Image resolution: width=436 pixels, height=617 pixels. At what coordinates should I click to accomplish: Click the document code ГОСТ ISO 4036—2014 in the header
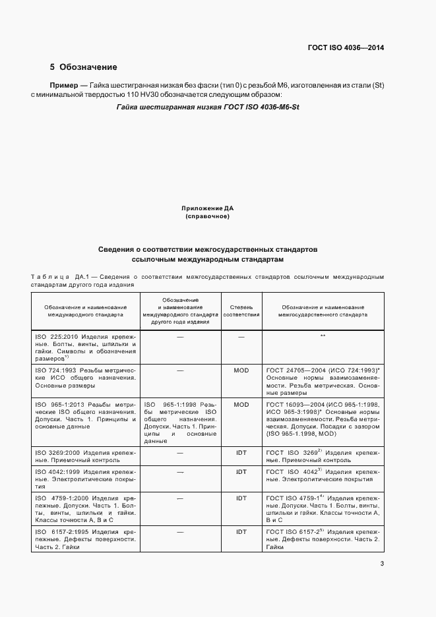tap(346, 47)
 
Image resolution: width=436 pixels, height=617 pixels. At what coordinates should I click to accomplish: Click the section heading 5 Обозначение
tap(84, 67)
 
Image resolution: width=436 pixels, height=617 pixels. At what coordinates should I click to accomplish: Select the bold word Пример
tap(64, 86)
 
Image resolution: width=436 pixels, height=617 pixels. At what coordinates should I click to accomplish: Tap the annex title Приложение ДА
tap(208, 208)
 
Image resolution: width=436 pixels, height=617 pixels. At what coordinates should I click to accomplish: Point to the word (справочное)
tap(208, 216)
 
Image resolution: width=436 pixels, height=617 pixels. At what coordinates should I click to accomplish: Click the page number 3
tap(382, 562)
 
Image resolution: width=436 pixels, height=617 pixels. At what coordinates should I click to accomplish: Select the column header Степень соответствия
tap(241, 311)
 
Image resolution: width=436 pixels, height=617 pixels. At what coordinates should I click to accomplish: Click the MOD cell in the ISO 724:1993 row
tap(241, 370)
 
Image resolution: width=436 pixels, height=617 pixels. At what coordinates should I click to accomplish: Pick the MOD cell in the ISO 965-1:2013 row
tap(241, 405)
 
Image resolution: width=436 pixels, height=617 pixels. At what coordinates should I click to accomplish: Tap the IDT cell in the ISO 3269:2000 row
tap(241, 454)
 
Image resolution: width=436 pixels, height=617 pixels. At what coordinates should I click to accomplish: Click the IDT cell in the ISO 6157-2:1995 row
tap(241, 531)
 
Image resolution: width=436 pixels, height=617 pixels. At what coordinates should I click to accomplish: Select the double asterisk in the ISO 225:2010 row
tap(323, 337)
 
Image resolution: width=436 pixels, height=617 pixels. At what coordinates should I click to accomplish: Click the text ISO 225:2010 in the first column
tap(55, 337)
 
